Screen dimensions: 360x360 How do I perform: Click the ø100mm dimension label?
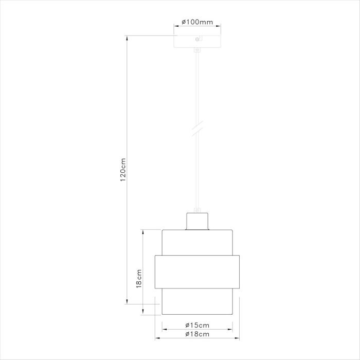coord(197,23)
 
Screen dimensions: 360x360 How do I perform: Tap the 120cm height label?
coord(123,169)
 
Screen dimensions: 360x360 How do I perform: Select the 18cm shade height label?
coord(138,278)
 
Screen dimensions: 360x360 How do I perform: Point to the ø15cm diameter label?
coord(197,325)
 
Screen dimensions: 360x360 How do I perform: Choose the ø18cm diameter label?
coord(197,334)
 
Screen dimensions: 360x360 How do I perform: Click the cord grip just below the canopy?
coord(197,50)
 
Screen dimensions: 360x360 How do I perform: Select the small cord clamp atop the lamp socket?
coord(197,209)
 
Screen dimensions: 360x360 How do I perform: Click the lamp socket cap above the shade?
coord(197,221)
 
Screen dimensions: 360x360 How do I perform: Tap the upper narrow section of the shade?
coord(197,242)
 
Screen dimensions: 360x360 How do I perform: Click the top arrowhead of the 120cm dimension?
coord(127,38)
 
